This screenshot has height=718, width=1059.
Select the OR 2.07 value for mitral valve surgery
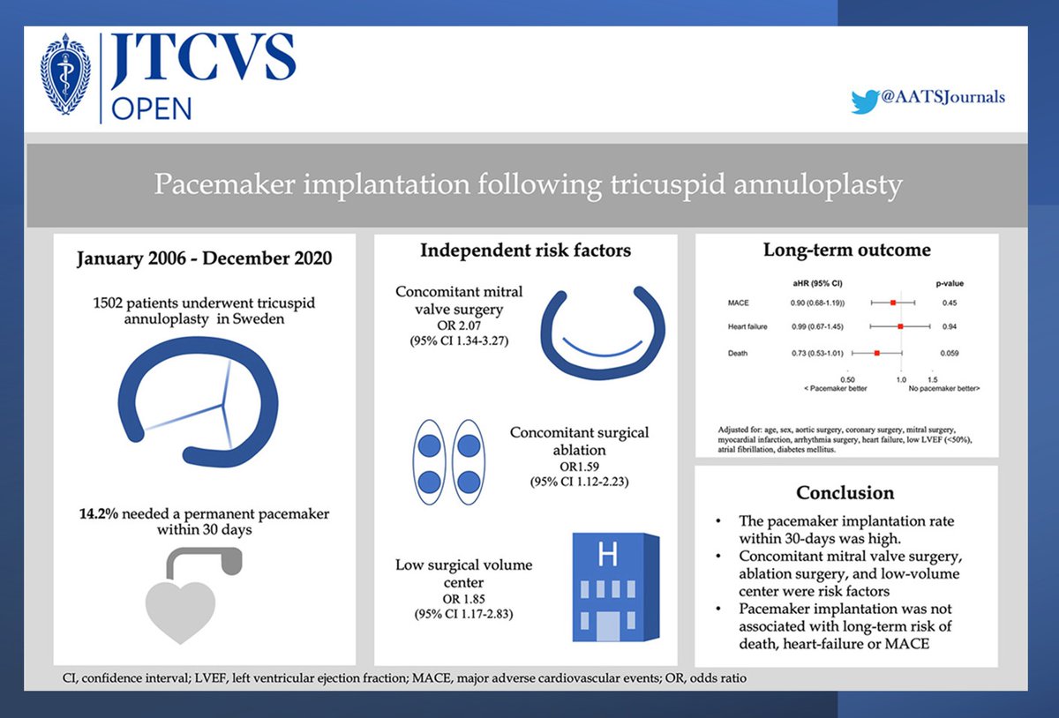tap(459, 325)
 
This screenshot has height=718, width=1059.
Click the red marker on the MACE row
tap(894, 303)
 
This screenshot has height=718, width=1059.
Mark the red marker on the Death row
tap(876, 353)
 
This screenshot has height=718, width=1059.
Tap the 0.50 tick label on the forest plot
tap(846, 378)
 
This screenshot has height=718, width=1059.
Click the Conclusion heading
tap(845, 492)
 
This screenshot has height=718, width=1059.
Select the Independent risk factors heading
tap(525, 251)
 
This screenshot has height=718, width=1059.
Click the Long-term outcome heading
tap(846, 250)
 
